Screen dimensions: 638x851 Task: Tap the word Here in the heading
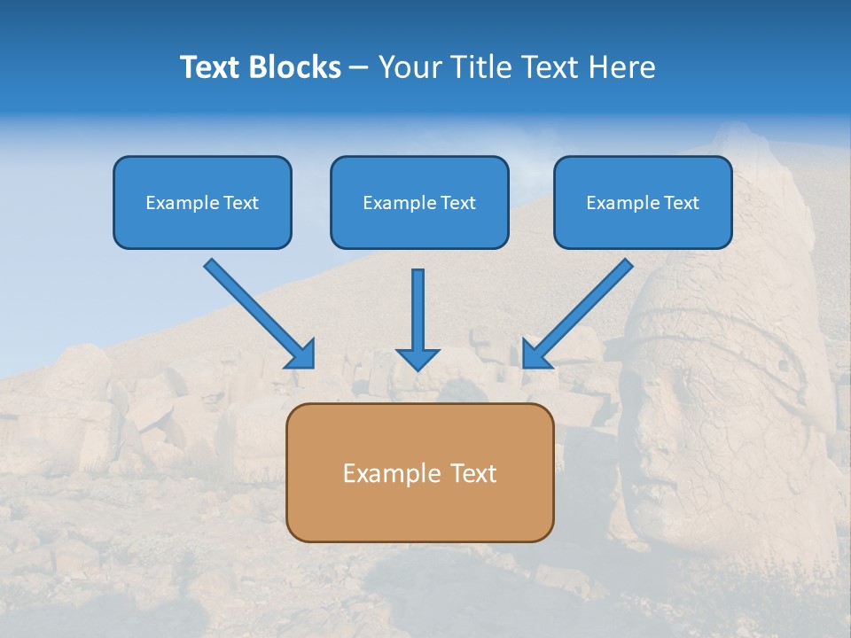pyautogui.click(x=620, y=67)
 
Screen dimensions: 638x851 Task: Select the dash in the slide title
pyautogui.click(x=360, y=68)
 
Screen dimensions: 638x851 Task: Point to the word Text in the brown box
pyautogui.click(x=472, y=473)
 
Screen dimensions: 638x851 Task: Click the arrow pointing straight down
pyautogui.click(x=418, y=310)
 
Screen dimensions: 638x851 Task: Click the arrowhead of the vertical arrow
pyautogui.click(x=418, y=359)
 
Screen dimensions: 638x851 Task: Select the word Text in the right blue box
pyautogui.click(x=681, y=203)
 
